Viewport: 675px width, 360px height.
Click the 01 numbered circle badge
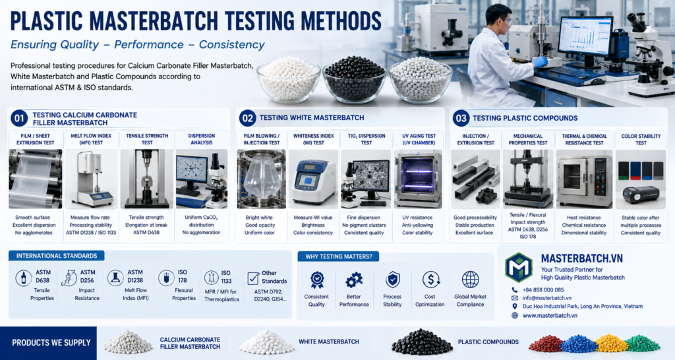(19, 119)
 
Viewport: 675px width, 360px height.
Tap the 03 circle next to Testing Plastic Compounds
(461, 118)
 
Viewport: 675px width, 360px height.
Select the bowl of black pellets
(354, 79)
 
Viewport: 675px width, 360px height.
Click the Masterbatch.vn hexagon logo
(519, 268)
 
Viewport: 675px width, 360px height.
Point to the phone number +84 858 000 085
(543, 290)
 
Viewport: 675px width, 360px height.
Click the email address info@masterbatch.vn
(546, 298)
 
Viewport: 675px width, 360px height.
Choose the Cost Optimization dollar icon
(430, 280)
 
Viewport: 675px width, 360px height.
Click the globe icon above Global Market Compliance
(470, 280)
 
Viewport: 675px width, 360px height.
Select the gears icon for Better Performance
(354, 280)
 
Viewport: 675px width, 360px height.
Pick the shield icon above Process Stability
(393, 280)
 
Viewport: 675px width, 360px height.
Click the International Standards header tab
(57, 256)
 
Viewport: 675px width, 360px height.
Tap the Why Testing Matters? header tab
(338, 256)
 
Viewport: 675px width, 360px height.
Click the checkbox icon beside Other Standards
(253, 278)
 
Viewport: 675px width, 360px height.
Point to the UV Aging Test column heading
(419, 139)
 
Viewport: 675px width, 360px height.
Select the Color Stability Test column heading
(641, 140)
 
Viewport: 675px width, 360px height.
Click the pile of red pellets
(546, 344)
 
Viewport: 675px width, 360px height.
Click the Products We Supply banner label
(51, 343)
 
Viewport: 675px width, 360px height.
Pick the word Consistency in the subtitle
(231, 45)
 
